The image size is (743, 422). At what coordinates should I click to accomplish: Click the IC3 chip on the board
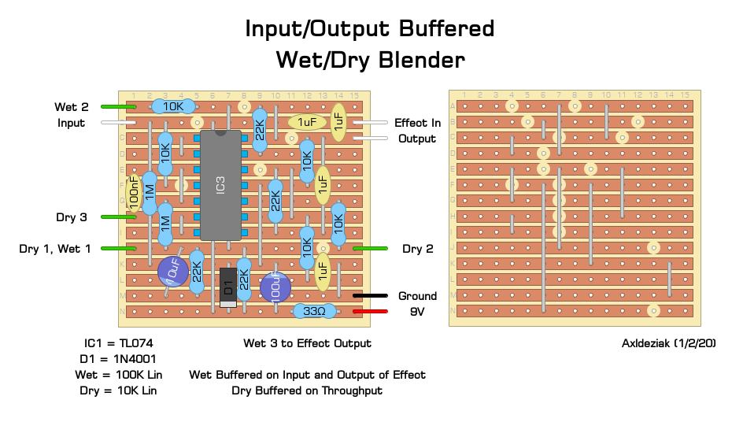[x=220, y=185]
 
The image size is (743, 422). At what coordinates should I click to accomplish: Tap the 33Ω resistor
[x=314, y=312]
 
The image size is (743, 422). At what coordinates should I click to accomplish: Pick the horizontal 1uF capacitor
[x=307, y=122]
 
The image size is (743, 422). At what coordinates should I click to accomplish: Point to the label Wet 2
[x=72, y=107]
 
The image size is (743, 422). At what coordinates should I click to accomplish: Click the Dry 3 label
[x=72, y=217]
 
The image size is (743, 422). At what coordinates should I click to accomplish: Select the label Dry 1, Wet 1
[x=55, y=249]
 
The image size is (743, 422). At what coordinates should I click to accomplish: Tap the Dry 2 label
[x=418, y=249]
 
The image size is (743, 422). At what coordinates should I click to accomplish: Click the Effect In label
[x=417, y=123]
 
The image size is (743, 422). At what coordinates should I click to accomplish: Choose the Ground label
[x=417, y=296]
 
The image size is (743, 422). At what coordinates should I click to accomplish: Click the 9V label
[x=417, y=312]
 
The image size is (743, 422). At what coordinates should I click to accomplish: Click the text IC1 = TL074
[x=120, y=343]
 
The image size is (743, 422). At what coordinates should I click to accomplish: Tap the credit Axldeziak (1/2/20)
[x=668, y=343]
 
